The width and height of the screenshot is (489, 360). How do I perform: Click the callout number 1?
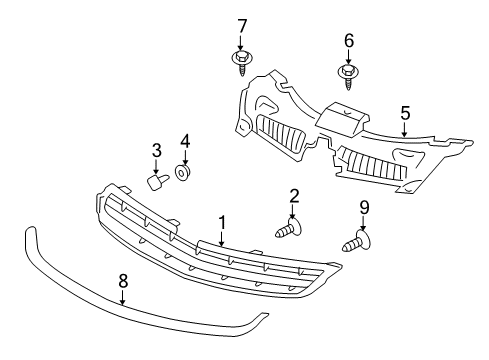point(222,223)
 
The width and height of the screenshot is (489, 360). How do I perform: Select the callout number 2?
point(294,196)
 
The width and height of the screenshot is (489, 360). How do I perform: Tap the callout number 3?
point(157,150)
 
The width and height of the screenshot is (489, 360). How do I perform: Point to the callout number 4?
point(185,141)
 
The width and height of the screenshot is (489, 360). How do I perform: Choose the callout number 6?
point(348,41)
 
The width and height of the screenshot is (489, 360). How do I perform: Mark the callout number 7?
point(242,24)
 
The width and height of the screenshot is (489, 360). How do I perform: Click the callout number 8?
point(122,282)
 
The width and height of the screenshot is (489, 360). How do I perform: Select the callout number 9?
point(364,207)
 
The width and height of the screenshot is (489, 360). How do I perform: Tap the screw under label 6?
point(348,77)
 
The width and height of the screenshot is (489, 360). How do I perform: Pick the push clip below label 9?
point(357,241)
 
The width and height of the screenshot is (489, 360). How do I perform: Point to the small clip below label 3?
point(155,182)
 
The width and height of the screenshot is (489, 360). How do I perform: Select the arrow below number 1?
point(222,240)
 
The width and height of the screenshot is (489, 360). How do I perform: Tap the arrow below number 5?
point(404,131)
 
